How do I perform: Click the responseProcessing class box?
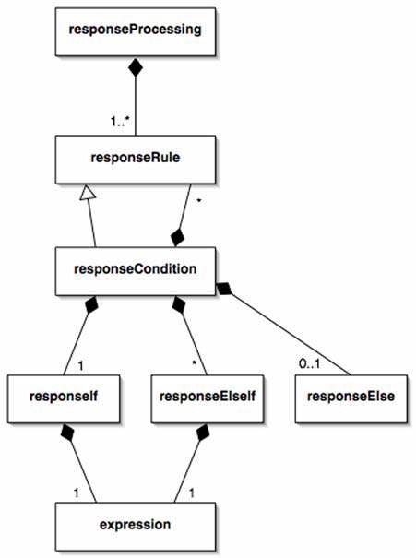pos(136,31)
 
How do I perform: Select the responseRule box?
pos(136,160)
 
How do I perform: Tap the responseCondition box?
pos(136,271)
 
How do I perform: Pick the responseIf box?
pos(64,398)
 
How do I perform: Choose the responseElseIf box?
pos(208,398)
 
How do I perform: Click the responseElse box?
pos(351,398)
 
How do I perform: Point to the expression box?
pos(136,527)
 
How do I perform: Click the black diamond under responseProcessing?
pos(136,67)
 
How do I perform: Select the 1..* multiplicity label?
pos(119,122)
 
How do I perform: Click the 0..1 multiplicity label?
pos(309,363)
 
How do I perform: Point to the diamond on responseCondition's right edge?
pos(224,288)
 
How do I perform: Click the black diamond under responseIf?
pos(67,433)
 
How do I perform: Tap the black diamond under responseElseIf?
pos(203,433)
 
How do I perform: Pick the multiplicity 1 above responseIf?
pos(81,365)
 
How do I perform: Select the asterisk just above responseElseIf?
pos(194,363)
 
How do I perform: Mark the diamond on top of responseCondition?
pos(177,237)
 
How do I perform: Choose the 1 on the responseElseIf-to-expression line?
pos(192,493)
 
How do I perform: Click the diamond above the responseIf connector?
pos(91,305)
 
